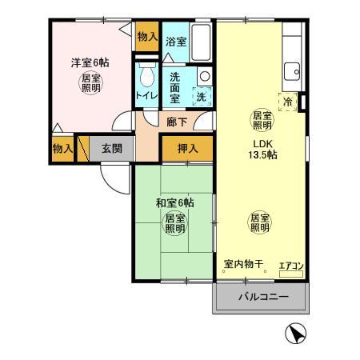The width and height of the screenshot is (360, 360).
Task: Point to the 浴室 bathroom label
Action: point(176,42)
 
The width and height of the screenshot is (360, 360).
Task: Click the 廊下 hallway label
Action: point(177,122)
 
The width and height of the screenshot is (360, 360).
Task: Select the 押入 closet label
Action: point(187,148)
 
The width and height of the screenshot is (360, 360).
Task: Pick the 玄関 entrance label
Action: point(111,148)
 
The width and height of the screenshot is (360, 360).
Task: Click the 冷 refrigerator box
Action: point(290,102)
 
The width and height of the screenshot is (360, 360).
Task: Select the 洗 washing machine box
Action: point(202,97)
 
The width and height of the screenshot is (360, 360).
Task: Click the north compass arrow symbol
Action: point(295,334)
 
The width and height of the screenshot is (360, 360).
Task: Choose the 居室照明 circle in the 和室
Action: point(174,222)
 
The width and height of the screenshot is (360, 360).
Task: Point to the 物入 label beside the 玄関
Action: point(62,149)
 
